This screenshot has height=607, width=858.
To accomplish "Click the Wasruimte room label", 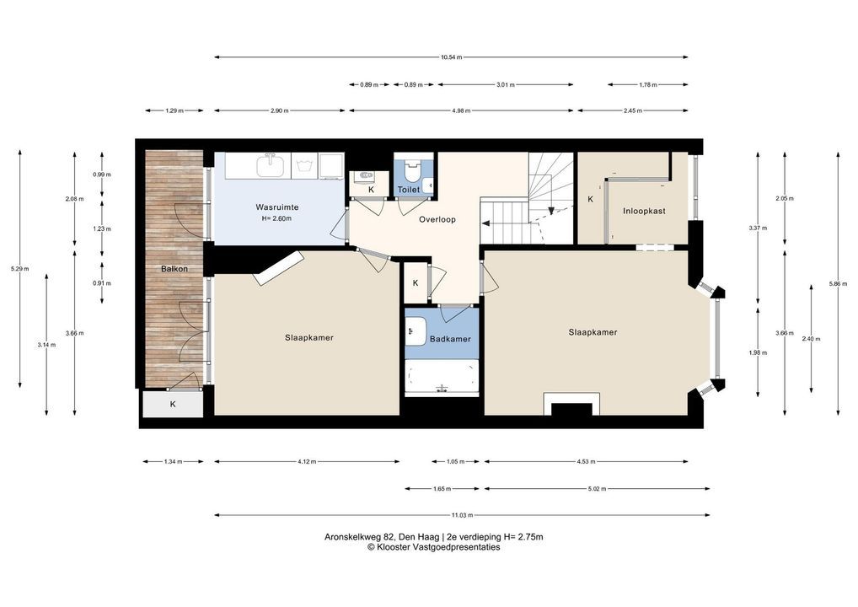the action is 277,207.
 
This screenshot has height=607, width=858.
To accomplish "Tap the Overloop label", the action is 437,219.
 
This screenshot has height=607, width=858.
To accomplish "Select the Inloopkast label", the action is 644,211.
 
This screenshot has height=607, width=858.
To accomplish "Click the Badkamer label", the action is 450,339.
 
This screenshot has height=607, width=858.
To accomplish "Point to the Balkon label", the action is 174,269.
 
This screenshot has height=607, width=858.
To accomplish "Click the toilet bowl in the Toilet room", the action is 411,170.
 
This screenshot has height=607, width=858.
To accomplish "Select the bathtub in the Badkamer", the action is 442,377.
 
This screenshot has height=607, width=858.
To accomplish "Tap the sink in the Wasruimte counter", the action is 271,165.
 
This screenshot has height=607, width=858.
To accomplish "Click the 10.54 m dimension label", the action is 451,57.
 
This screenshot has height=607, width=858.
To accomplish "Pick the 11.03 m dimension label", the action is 462,515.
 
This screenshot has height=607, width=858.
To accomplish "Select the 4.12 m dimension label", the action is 307,461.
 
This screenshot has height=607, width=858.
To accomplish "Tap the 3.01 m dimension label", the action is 505,85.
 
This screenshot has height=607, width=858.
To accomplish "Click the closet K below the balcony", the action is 173,405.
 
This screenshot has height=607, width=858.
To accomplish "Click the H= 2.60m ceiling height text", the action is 277,219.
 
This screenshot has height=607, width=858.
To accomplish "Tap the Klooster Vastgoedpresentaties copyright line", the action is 433,547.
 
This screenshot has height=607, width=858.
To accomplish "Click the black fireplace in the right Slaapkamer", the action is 571,409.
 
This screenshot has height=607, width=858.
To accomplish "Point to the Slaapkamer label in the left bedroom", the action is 309,338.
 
